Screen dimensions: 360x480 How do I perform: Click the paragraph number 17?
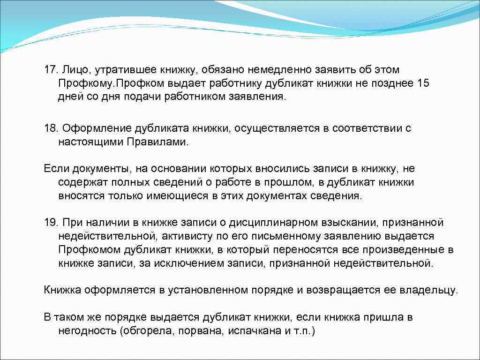click(49, 70)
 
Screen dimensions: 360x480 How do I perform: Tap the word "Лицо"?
click(73, 70)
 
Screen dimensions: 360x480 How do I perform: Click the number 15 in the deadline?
click(423, 83)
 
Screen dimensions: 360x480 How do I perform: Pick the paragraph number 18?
click(49, 128)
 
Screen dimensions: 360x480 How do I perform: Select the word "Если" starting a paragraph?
click(54, 168)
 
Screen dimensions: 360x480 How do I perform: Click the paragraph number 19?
click(49, 222)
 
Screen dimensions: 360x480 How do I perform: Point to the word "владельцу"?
click(429, 290)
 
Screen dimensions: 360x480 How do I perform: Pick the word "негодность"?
click(87, 330)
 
